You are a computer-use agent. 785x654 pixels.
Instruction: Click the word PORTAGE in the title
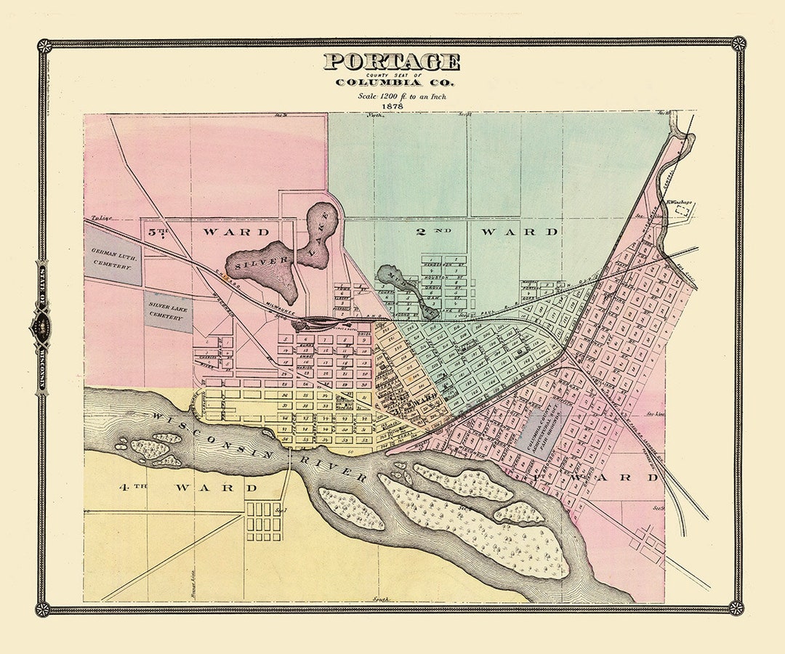coord(392,62)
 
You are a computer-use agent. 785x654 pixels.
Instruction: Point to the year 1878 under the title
coord(392,105)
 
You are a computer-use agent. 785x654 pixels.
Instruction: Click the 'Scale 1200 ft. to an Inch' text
coord(392,95)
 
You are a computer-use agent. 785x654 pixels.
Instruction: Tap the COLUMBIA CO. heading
coord(392,81)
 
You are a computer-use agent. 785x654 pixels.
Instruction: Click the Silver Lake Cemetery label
coord(168,310)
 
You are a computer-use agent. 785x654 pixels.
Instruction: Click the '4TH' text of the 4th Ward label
coord(132,488)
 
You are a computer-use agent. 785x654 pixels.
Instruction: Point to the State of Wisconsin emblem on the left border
coord(41,327)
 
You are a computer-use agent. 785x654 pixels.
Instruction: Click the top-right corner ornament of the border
coord(738,44)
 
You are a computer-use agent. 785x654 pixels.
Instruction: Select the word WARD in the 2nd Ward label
coord(519,233)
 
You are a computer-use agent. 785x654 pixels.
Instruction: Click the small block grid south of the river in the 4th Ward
coord(264,520)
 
